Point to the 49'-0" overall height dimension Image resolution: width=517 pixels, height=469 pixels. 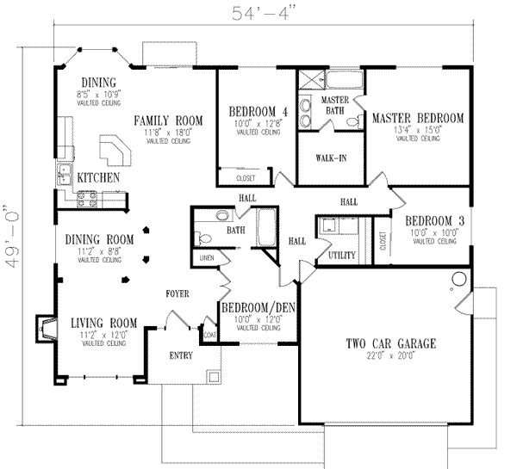pyautogui.click(x=10, y=236)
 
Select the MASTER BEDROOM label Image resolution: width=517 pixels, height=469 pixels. pyautogui.click(x=418, y=118)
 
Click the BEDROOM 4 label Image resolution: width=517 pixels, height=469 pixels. pyautogui.click(x=258, y=112)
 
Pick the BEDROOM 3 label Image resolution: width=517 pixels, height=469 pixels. pyautogui.click(x=433, y=221)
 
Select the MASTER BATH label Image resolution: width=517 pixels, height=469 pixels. pyautogui.click(x=333, y=105)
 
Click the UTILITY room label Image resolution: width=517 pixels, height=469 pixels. pyautogui.click(x=342, y=256)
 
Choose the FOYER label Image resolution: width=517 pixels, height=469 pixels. pyautogui.click(x=180, y=294)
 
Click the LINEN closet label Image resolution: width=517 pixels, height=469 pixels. pyautogui.click(x=206, y=257)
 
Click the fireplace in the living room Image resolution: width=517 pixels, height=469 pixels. pyautogui.click(x=42, y=328)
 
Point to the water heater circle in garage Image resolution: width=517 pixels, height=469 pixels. pyautogui.click(x=457, y=278)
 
